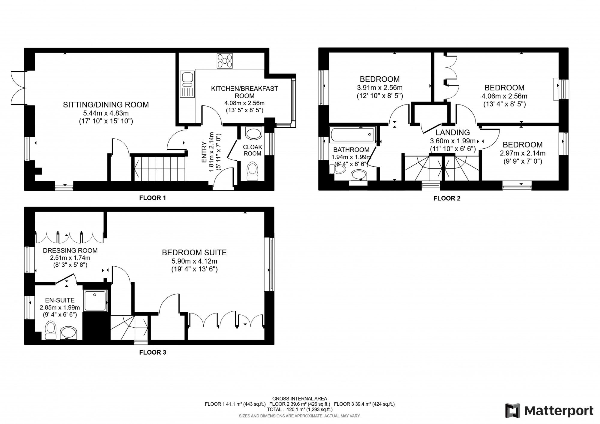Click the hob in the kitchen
(225, 61)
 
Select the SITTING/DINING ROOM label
(106, 105)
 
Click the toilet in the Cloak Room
(252, 171)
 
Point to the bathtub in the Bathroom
(352, 135)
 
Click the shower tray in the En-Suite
(95, 301)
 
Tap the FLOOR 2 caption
(447, 198)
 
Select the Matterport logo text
(559, 410)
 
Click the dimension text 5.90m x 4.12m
(194, 261)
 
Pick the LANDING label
(453, 132)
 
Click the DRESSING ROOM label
(70, 250)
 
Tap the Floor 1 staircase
(159, 168)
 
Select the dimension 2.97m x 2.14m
(523, 153)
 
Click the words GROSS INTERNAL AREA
(300, 399)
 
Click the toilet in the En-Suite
(50, 330)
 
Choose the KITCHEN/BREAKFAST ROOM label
(244, 92)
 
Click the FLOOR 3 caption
(152, 352)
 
